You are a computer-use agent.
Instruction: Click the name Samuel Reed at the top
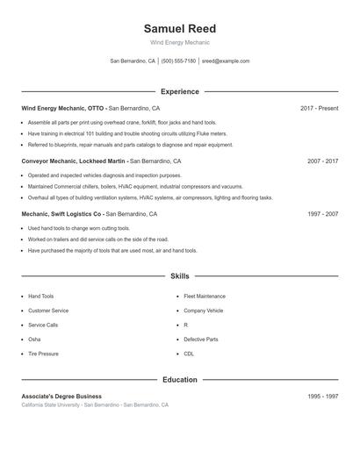coord(179,28)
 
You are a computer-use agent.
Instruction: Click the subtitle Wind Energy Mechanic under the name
coord(179,42)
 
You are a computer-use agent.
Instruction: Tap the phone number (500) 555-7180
coord(178,61)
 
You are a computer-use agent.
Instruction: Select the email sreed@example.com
coord(226,61)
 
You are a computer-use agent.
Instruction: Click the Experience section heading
coord(179,91)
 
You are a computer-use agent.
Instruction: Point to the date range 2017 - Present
coord(319,108)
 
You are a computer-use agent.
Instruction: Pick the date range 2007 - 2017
coord(322,161)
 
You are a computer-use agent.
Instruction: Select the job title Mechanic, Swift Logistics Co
coord(62,214)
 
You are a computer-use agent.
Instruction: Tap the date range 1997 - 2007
coord(322,214)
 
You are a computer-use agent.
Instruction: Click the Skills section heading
coord(179,275)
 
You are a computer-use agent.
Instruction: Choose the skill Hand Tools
coord(40,297)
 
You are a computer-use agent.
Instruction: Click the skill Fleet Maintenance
coord(205,297)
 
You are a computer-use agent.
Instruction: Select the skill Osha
coord(34,339)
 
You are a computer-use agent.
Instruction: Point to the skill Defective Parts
coord(200,339)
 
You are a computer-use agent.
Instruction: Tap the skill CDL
coord(189,354)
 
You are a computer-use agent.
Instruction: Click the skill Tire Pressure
coord(43,354)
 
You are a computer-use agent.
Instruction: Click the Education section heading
coord(179,380)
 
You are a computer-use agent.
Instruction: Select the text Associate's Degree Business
coord(61,397)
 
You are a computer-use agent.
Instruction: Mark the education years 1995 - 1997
coord(322,397)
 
